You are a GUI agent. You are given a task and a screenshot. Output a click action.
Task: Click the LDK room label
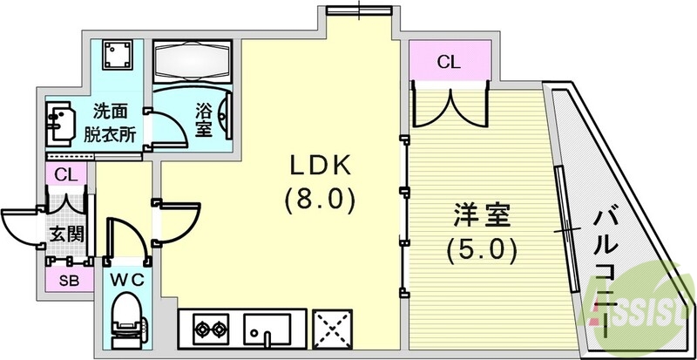320,166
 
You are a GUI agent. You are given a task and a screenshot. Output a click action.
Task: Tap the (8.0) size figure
320,201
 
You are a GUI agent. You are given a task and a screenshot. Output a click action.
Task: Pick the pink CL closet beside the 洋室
448,62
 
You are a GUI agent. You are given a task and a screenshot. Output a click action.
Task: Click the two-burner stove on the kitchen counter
209,330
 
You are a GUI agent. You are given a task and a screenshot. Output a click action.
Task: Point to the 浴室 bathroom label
203,121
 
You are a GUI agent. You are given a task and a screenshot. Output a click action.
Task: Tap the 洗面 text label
110,111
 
